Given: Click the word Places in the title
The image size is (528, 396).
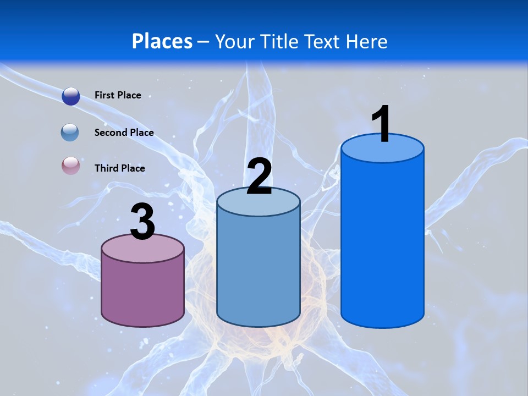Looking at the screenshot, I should coord(162,41).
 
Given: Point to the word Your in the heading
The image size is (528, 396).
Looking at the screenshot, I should coord(236,41).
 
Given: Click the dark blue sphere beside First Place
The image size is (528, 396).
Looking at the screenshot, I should coord(71,96).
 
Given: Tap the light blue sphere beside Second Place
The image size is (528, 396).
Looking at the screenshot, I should coord(70,132).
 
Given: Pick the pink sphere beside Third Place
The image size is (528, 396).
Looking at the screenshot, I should coord(70,166).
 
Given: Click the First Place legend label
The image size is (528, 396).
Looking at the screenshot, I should coord(118,95).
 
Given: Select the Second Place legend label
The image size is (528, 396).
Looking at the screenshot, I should coord(124,133).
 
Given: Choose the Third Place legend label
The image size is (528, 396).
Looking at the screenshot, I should coord(119,168).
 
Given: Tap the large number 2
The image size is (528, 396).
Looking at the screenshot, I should coord(259,177).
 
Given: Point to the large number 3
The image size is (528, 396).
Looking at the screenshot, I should coord(143,222).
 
